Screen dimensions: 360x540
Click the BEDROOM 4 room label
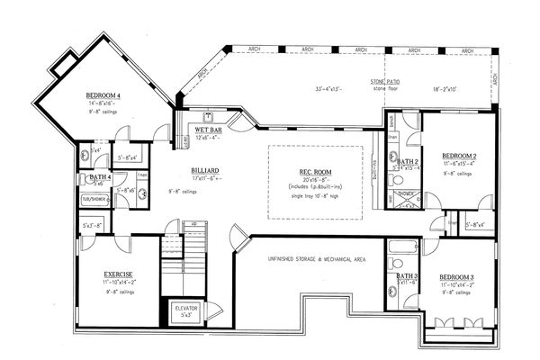[x=105, y=95]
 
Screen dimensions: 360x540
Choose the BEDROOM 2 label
[x=459, y=156]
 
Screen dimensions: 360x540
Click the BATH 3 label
[x=406, y=275]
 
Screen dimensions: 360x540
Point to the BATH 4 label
[x=99, y=177]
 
